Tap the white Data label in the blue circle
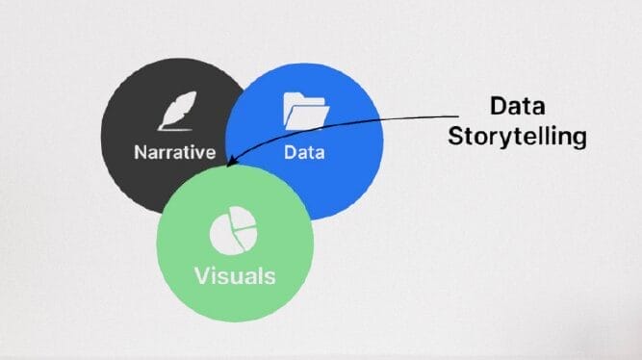(x=304, y=151)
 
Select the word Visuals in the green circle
(x=235, y=275)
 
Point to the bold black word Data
(x=518, y=107)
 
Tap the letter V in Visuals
(x=202, y=275)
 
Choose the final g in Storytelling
(x=578, y=140)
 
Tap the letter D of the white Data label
(x=290, y=151)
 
